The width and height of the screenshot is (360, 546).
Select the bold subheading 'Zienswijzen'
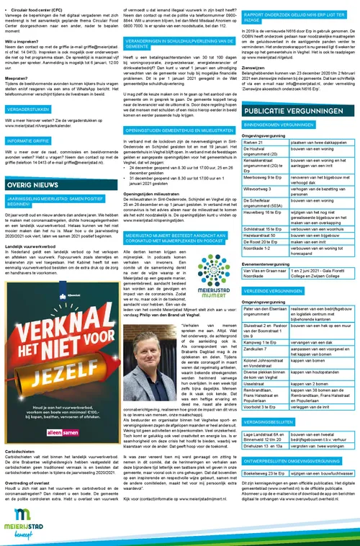(257, 69)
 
